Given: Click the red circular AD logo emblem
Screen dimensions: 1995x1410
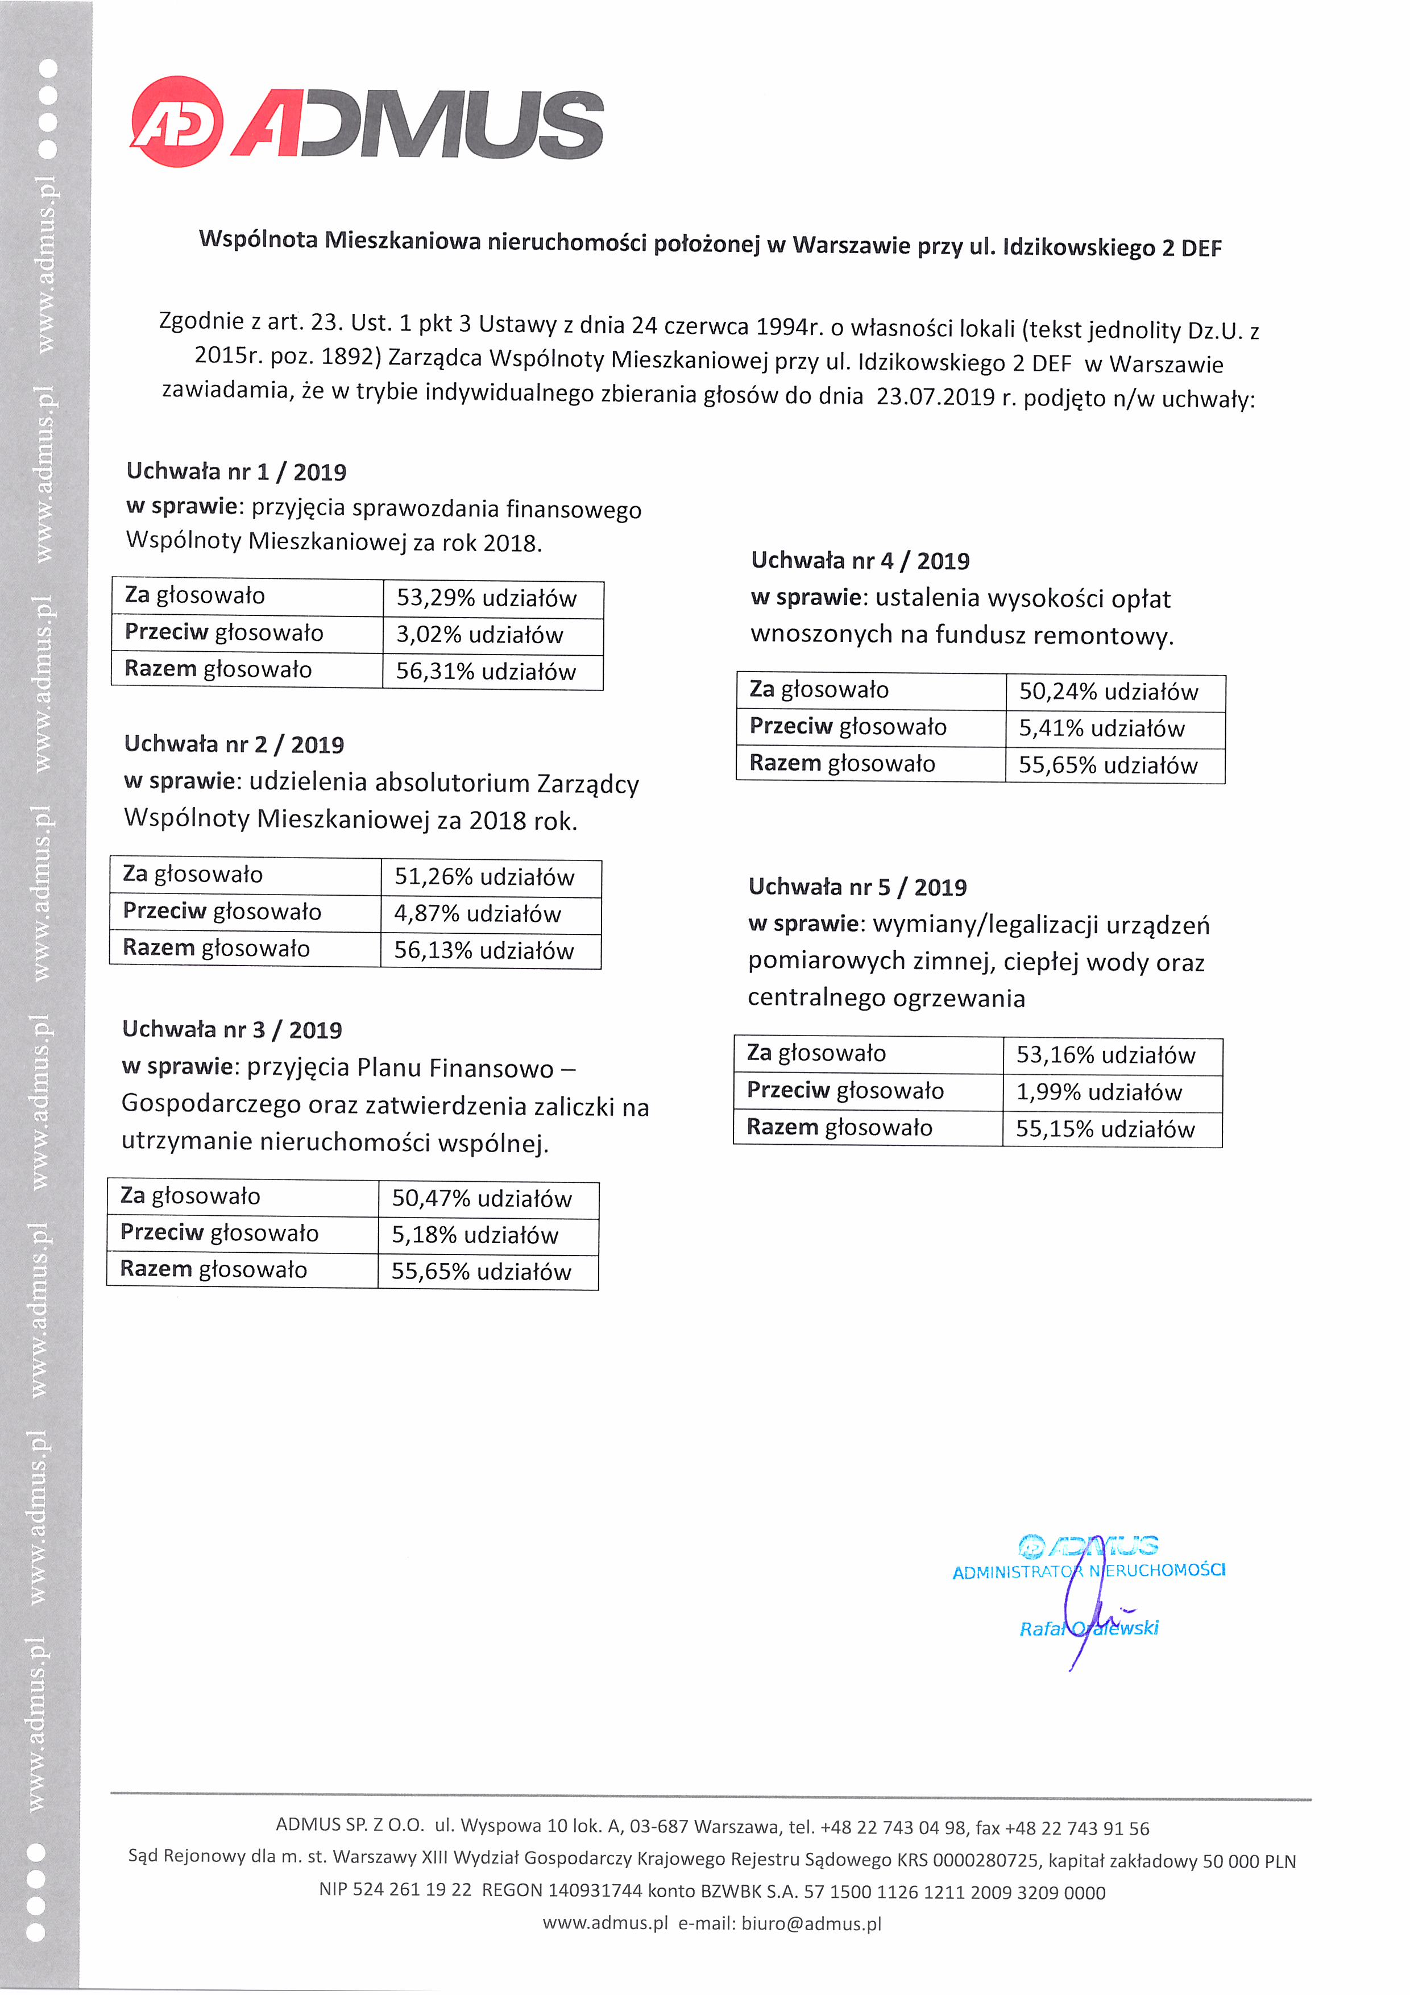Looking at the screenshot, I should (176, 122).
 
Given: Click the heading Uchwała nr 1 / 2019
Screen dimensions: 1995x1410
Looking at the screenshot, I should (237, 472).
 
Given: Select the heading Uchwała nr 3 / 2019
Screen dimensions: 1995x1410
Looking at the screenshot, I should (232, 1030).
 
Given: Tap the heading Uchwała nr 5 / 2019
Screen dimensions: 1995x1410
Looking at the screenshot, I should (857, 887).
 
